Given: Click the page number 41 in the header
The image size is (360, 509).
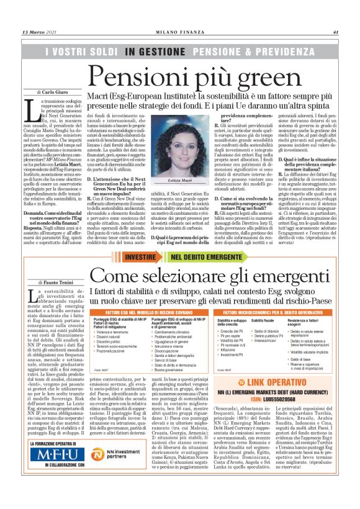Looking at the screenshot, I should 335,32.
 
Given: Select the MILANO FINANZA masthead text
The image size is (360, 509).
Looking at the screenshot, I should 179,32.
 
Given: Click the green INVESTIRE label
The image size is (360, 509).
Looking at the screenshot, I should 140,257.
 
